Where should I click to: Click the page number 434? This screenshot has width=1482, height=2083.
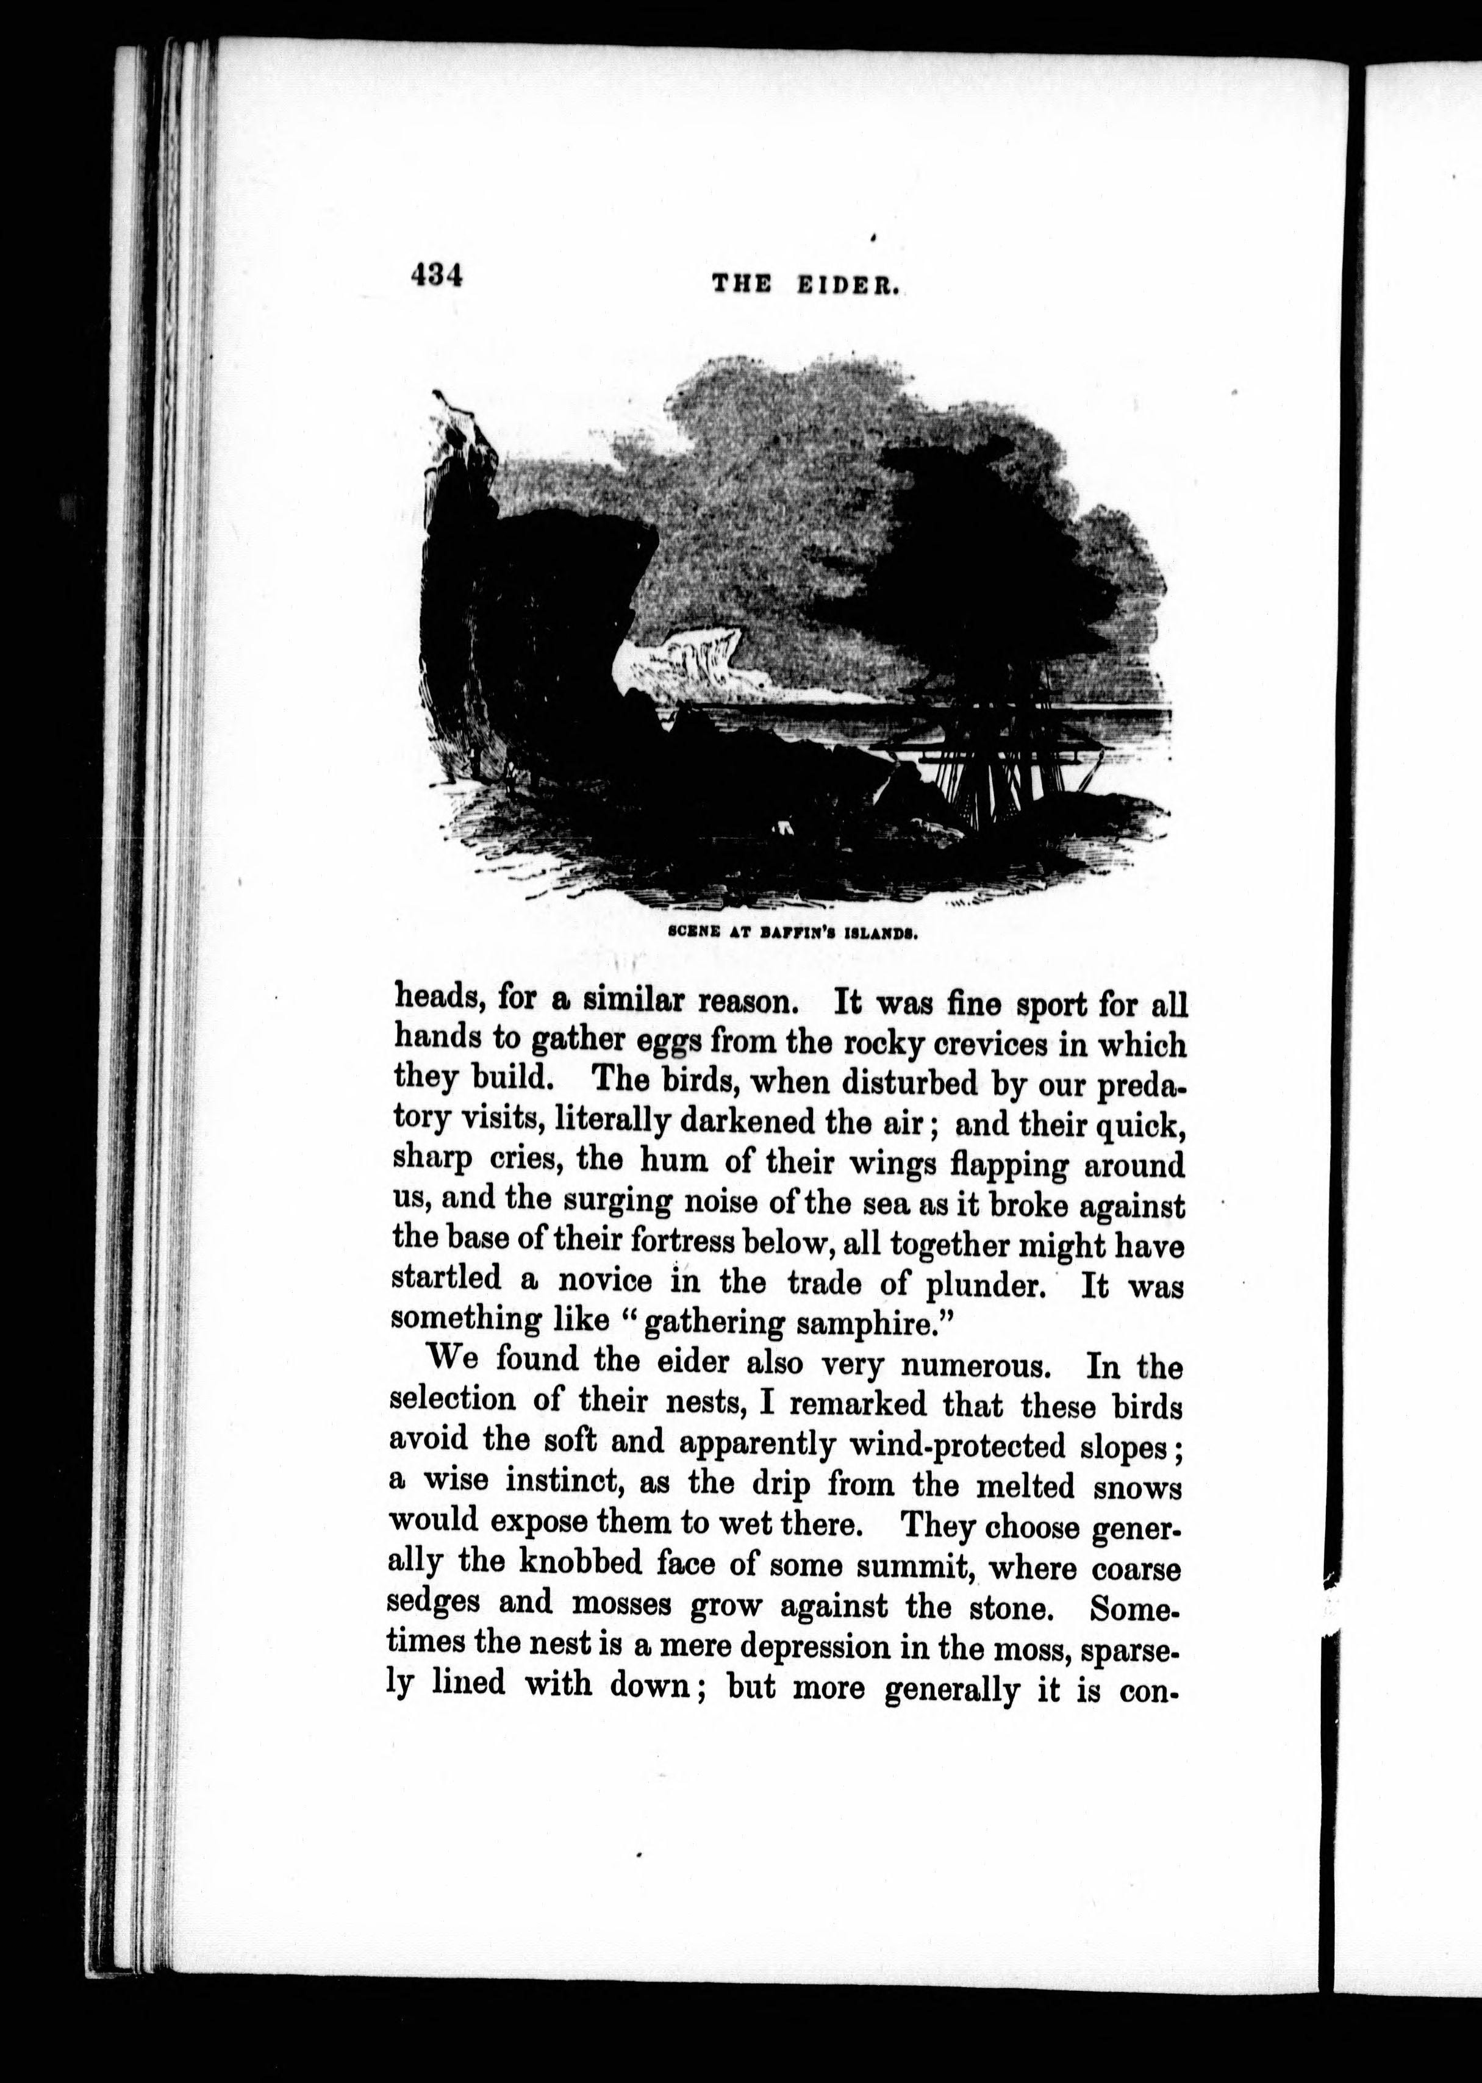(437, 276)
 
